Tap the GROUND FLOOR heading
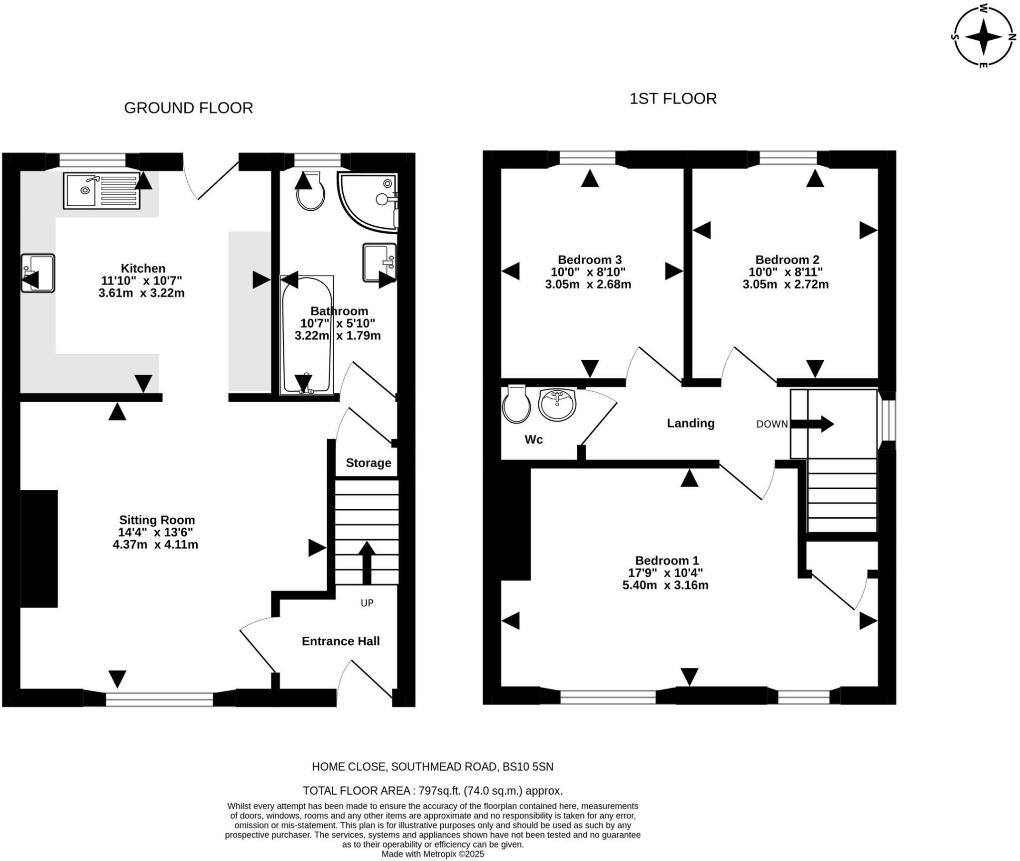tap(188, 108)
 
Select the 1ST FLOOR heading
tap(673, 99)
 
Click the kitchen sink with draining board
tap(102, 190)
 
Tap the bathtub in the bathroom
tap(306, 335)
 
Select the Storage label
tap(368, 463)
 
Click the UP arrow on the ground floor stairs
tap(367, 562)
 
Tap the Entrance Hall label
tap(341, 641)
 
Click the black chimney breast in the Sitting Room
tap(39, 548)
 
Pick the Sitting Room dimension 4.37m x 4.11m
tap(155, 545)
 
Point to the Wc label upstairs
tap(533, 439)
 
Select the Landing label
tap(690, 423)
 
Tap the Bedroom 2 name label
tap(787, 260)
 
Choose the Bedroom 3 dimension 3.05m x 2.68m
tap(588, 285)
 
